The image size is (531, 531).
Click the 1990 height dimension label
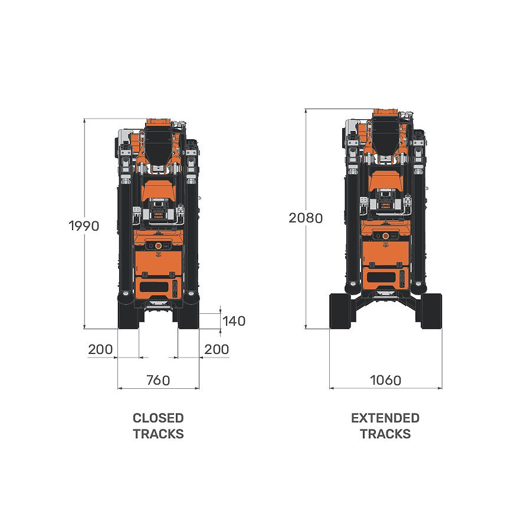coord(84,226)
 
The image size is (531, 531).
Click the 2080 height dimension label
coord(306,218)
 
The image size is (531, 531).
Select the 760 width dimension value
coord(158,381)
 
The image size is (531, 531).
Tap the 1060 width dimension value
coord(386,381)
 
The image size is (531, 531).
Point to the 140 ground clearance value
coord(234,321)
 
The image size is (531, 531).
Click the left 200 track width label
coord(100,349)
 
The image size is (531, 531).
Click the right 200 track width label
coord(217,349)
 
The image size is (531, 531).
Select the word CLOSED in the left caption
coord(158,418)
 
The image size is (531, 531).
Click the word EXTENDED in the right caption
coord(385,418)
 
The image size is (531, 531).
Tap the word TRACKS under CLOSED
coord(158,434)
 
